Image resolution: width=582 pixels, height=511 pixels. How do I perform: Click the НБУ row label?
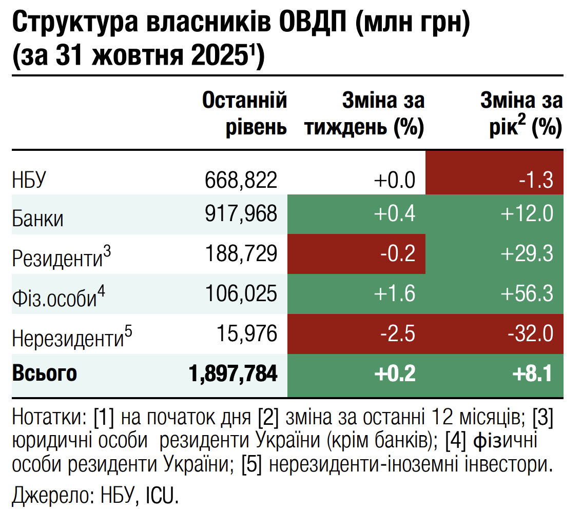pos(29,181)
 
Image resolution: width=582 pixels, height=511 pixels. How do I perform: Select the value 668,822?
pos(241,180)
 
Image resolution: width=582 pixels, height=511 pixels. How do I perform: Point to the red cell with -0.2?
pos(398,253)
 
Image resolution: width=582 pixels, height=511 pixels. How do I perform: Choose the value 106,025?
pos(241,293)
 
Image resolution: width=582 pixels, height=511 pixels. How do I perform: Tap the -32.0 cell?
pos(531,334)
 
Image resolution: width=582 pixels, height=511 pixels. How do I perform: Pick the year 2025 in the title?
pos(220,56)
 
